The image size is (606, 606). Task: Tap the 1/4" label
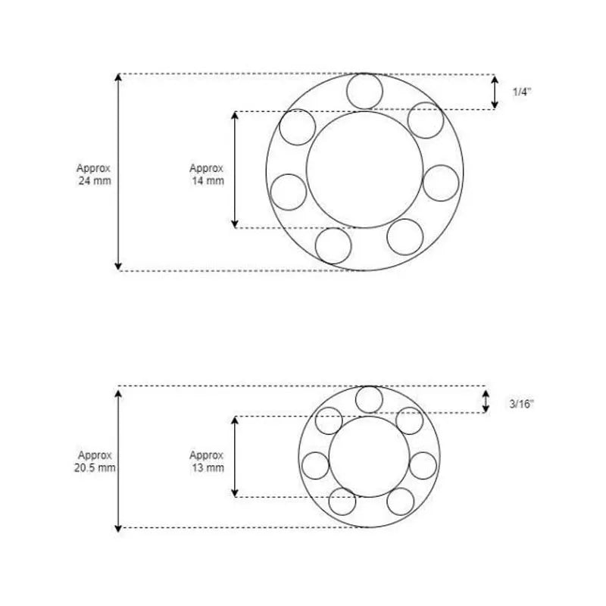click(521, 92)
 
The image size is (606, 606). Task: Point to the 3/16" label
click(522, 404)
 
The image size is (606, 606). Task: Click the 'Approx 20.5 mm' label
click(95, 461)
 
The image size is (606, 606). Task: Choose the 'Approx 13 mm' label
click(206, 461)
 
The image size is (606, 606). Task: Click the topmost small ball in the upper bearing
click(364, 91)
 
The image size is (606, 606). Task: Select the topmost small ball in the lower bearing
click(369, 399)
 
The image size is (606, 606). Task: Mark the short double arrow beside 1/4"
click(495, 92)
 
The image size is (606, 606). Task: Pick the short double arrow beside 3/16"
click(486, 401)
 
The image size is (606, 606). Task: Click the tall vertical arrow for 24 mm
click(117, 172)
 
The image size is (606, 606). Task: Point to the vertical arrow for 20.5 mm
click(118, 458)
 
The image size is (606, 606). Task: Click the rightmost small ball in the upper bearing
click(441, 183)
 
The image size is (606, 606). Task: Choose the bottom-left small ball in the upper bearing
click(334, 245)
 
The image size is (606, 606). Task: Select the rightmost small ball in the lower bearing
click(423, 464)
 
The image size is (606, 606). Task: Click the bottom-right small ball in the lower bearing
click(401, 501)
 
